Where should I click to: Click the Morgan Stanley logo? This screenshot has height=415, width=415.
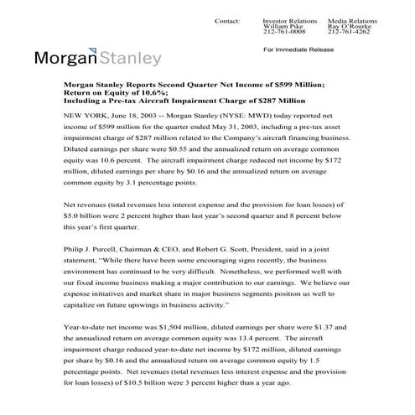[x=98, y=59]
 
